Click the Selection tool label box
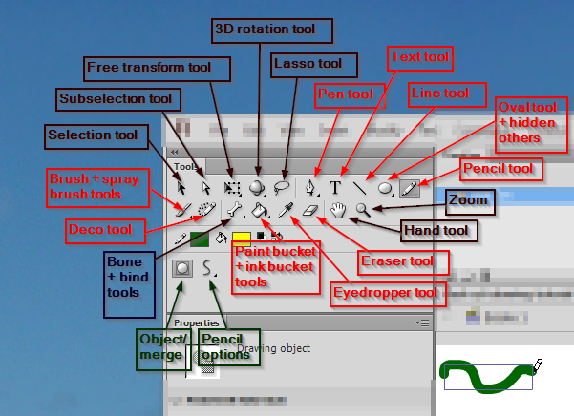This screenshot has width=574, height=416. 93,135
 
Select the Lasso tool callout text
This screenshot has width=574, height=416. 307,64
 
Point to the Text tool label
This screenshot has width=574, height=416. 420,57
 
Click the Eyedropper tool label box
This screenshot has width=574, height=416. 387,292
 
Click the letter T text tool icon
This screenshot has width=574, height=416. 335,187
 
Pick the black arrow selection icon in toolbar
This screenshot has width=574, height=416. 181,187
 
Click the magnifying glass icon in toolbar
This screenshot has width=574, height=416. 362,209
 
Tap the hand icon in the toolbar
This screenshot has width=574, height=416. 337,209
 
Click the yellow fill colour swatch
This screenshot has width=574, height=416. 241,238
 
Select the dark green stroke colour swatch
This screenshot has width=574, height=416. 199,239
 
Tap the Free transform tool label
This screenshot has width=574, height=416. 159,68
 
